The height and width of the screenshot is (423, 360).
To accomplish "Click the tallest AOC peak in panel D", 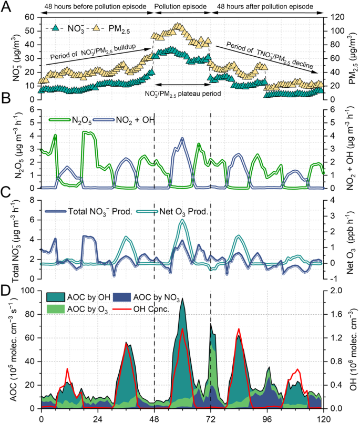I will point(182,299).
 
